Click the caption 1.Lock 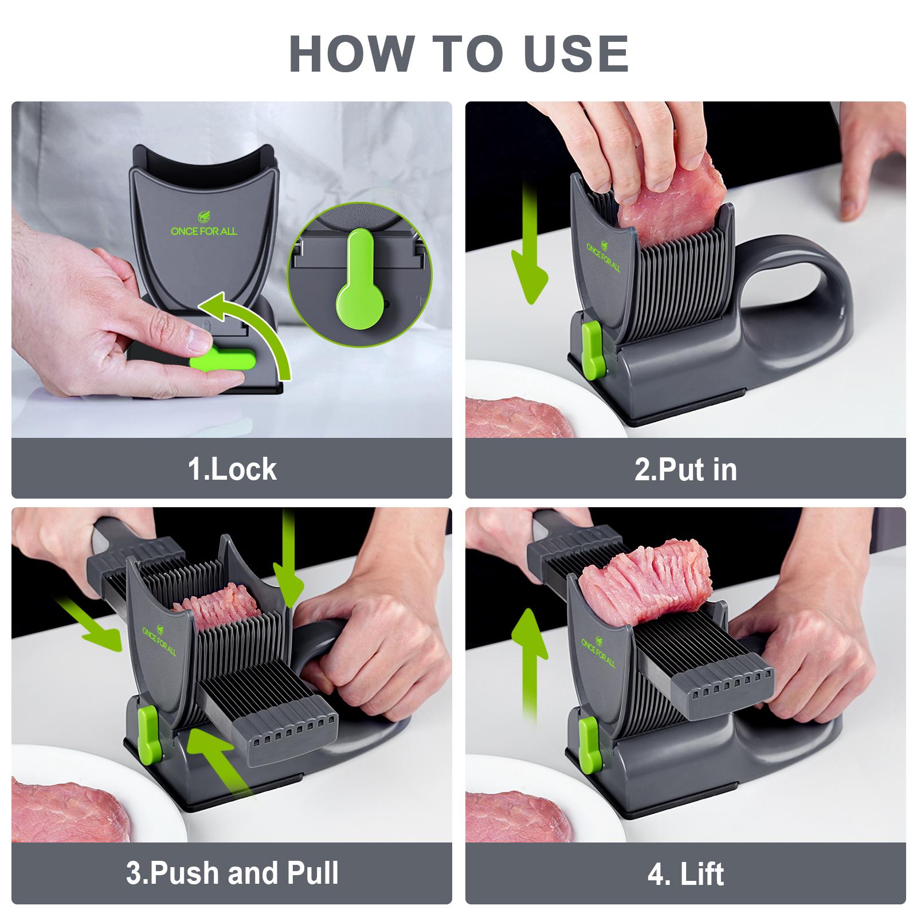tap(232, 469)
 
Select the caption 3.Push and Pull tap(232, 872)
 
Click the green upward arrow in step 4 tap(530, 659)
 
